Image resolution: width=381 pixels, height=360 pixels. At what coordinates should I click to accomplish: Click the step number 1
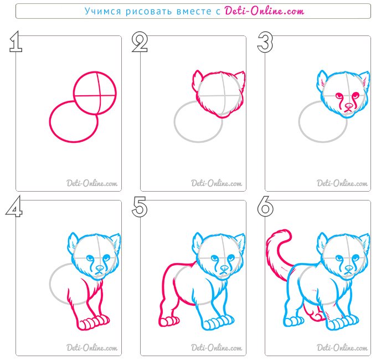click(x=16, y=42)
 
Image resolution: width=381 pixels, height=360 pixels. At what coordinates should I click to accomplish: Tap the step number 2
click(x=140, y=42)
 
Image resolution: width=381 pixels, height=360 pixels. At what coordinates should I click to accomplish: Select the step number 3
click(x=265, y=42)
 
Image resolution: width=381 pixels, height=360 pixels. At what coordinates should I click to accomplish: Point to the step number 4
click(x=14, y=207)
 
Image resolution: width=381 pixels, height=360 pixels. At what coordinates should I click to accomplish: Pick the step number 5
click(x=140, y=207)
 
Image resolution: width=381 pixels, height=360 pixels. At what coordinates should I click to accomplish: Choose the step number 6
click(x=265, y=207)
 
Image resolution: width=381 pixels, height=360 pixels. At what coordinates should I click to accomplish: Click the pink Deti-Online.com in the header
click(x=264, y=11)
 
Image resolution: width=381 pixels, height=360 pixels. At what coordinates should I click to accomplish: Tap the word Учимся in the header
click(x=103, y=11)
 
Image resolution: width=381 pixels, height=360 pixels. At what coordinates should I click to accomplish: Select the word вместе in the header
click(x=194, y=12)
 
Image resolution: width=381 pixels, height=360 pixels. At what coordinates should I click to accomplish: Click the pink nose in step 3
click(x=349, y=106)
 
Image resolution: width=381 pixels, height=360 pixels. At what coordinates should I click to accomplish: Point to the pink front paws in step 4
click(x=94, y=322)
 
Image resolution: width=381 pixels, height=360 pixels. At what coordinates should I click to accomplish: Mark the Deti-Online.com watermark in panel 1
click(x=92, y=183)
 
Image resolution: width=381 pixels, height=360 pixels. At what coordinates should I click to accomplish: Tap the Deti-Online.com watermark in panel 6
click(x=342, y=348)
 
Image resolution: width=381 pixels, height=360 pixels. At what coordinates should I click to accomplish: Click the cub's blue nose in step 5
click(x=224, y=268)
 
